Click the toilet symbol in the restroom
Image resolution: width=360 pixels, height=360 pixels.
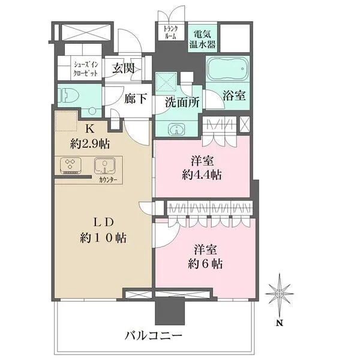[68, 96]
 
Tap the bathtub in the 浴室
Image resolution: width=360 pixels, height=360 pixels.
[228, 68]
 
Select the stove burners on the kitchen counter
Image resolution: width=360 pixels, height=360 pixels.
[70, 166]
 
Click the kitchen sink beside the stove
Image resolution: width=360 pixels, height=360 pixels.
[104, 166]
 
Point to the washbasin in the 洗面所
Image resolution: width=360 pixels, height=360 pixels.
[176, 129]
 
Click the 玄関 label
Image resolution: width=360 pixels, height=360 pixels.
[123, 68]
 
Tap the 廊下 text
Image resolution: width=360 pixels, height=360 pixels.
[136, 99]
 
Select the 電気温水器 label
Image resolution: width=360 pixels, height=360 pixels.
[203, 39]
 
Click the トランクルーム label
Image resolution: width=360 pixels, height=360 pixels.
[170, 32]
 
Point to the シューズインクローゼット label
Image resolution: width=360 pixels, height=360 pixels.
[86, 69]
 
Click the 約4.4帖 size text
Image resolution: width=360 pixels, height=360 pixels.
[202, 175]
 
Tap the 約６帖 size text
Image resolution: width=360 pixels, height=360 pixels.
[205, 264]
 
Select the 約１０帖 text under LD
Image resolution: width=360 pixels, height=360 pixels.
[103, 238]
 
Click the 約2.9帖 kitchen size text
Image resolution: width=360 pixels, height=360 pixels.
[90, 145]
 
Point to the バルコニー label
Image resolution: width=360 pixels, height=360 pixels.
[154, 336]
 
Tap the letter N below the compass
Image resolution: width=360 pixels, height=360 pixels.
[279, 323]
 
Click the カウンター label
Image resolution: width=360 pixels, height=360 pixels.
[108, 180]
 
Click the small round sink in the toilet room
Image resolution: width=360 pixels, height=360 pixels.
[92, 111]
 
